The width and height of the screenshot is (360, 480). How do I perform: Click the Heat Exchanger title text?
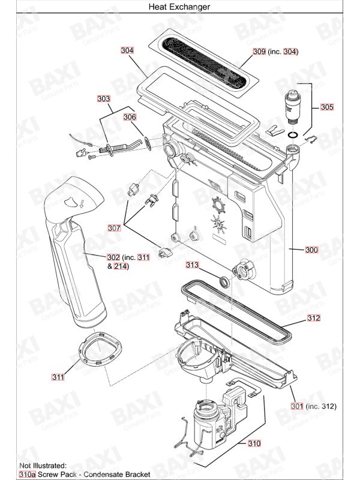coord(179,7)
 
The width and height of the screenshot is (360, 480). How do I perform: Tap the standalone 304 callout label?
coord(127,50)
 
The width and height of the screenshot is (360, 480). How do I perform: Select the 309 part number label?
coord(259,52)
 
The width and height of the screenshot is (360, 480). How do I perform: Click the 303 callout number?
coord(103,98)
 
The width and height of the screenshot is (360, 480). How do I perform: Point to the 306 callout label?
coord(130,116)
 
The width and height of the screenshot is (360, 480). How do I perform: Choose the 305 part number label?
coord(327,107)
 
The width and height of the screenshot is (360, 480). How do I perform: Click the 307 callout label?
coord(114,228)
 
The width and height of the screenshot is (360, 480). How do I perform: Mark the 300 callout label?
coord(311,250)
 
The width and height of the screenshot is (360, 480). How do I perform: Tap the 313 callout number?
coord(192,265)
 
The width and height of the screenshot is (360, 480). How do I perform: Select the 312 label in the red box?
coord(314,318)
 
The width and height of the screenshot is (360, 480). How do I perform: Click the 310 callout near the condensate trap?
coord(254,443)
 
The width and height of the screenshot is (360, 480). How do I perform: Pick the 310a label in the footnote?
coord(28,474)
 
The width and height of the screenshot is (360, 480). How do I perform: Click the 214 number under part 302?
coord(121,266)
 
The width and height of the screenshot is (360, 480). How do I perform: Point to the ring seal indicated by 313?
coord(224,281)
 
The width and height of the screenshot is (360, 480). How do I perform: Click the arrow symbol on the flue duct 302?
coord(82,203)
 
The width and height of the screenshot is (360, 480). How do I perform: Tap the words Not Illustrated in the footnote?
coord(43,466)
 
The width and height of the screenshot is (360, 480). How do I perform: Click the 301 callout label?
coord(297,406)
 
